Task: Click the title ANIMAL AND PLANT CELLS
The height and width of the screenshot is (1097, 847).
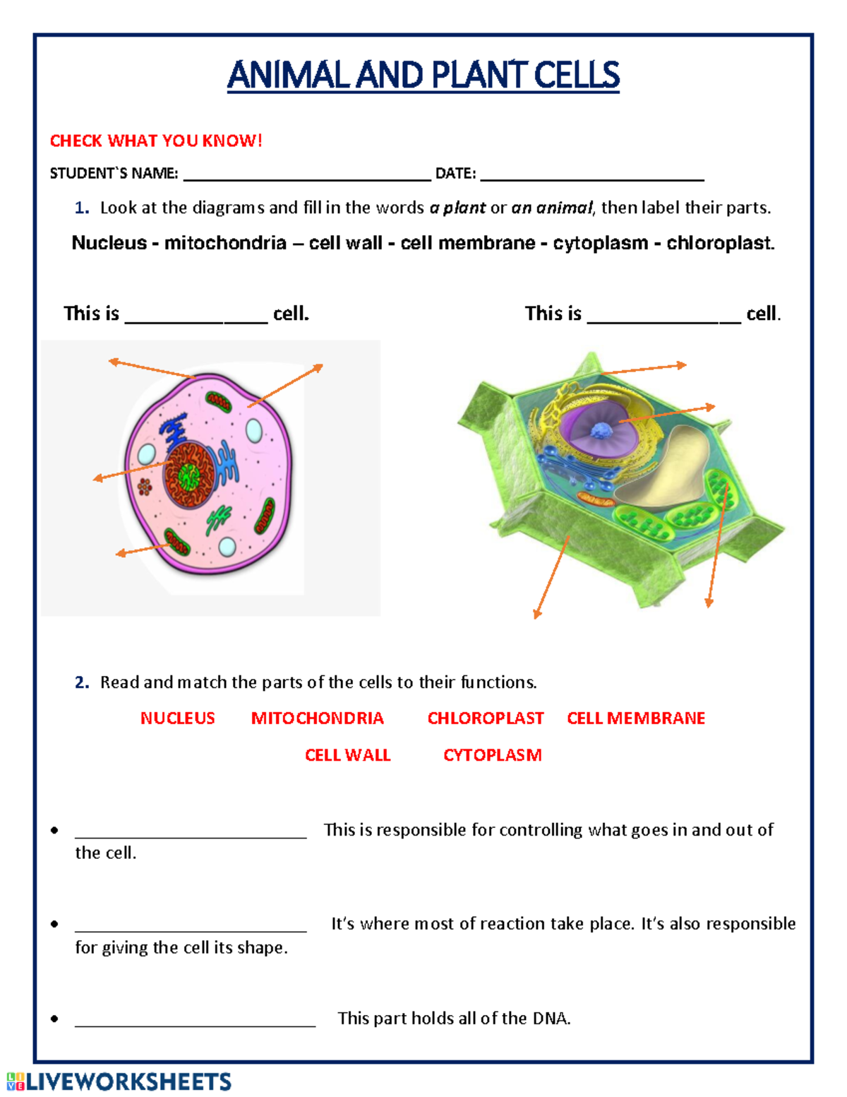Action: [423, 76]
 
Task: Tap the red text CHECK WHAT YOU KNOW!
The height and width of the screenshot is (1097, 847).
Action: [156, 141]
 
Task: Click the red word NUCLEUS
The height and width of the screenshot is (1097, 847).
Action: [177, 718]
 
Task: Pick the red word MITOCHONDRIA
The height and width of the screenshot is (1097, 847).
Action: [317, 718]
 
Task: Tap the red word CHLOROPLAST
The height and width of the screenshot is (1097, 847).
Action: [486, 718]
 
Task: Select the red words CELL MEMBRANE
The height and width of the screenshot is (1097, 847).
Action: [636, 718]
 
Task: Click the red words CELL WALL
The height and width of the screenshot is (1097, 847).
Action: [347, 755]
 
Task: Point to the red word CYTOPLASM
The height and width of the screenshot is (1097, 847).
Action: [492, 755]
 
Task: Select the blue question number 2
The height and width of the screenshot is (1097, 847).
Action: [82, 682]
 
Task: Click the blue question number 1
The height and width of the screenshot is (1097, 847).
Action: [82, 208]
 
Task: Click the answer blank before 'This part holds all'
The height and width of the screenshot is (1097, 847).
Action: [195, 1023]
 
